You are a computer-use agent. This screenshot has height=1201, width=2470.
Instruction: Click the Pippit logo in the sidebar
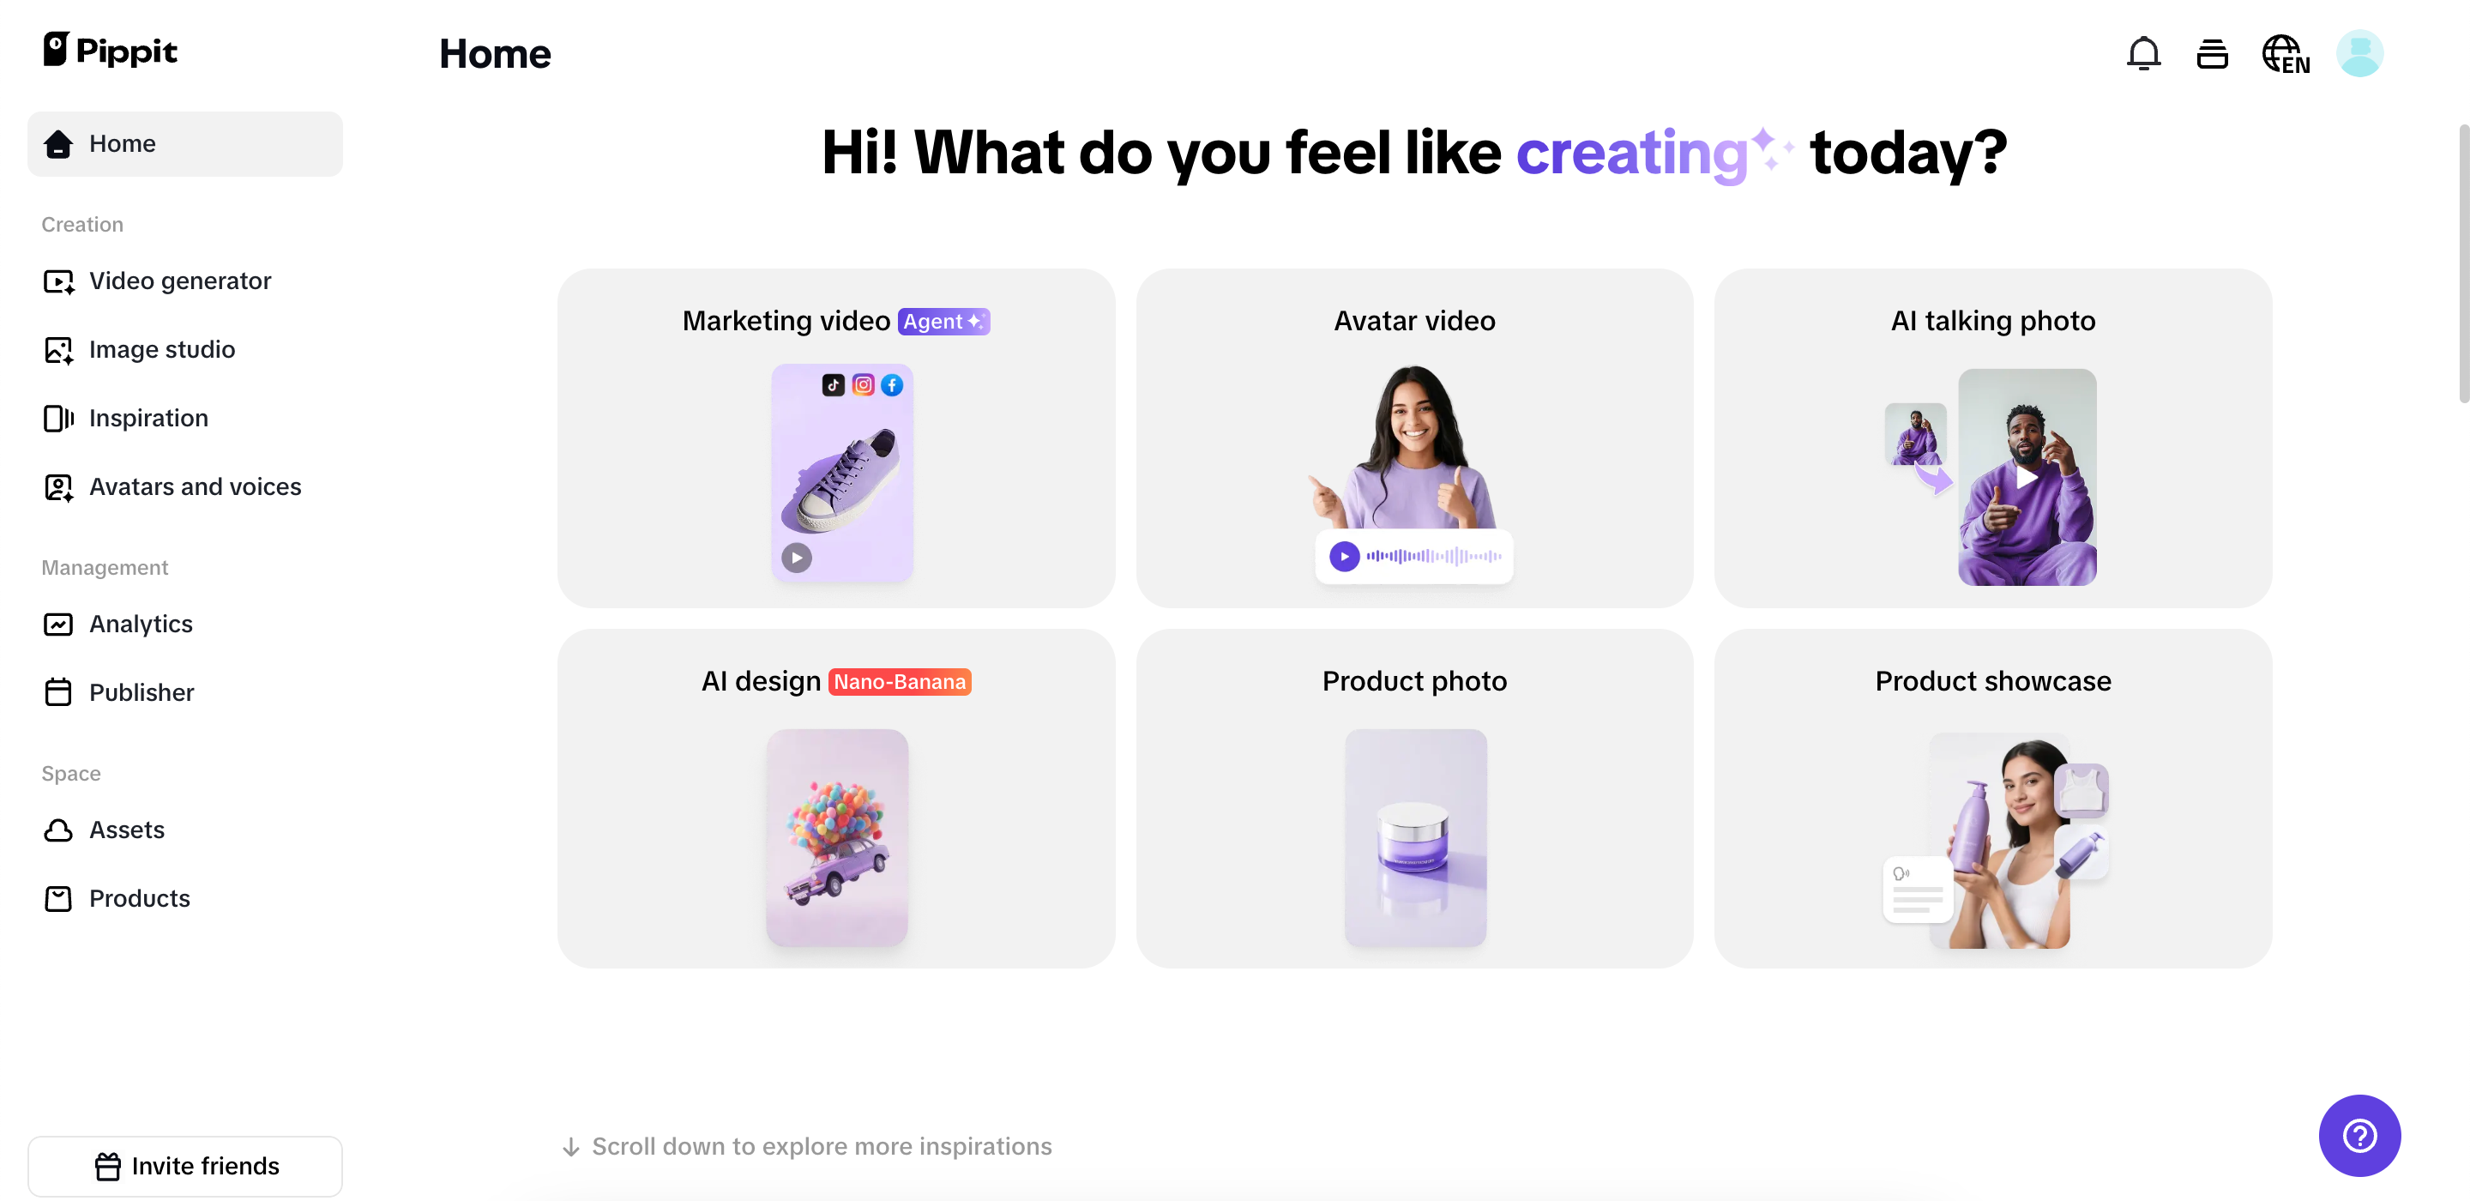[x=111, y=50]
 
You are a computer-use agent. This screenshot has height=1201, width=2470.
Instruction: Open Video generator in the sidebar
[x=179, y=281]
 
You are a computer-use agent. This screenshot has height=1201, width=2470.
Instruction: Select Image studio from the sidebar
[x=161, y=350]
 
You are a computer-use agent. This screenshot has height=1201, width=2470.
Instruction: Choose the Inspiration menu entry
[x=148, y=419]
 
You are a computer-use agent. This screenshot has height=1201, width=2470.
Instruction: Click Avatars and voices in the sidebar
[x=195, y=487]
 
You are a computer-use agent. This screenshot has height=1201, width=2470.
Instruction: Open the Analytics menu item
[x=140, y=625]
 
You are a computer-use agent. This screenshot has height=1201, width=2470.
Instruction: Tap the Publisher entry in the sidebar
[x=141, y=692]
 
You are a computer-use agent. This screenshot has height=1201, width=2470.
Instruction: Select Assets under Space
[x=127, y=830]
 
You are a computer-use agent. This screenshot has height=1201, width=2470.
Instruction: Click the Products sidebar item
[x=139, y=899]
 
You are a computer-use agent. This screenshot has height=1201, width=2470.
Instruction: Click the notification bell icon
[x=2143, y=54]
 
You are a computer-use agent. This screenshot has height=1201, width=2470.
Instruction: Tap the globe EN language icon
[x=2285, y=55]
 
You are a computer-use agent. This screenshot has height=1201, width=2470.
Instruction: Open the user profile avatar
[x=2359, y=54]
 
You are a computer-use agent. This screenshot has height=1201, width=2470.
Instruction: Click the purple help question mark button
[x=2359, y=1136]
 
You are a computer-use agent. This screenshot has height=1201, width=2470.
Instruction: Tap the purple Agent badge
[x=943, y=322]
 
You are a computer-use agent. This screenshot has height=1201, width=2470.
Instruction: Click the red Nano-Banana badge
[x=900, y=682]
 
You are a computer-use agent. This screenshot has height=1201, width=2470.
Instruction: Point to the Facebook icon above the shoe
[x=892, y=384]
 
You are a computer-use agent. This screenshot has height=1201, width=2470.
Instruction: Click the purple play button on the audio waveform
[x=1344, y=557]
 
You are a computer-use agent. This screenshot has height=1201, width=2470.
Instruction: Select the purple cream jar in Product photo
[x=1413, y=836]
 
